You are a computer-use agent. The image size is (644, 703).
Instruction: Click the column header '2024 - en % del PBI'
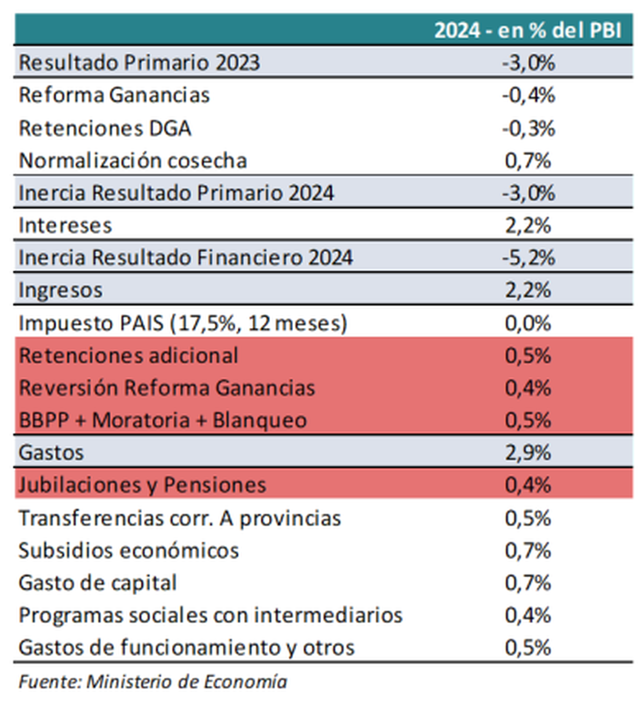(528, 31)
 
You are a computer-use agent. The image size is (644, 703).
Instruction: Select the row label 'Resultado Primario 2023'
(139, 63)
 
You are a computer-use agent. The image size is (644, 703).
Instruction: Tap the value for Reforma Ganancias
(528, 96)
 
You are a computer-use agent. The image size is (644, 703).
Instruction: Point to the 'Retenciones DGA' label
(105, 129)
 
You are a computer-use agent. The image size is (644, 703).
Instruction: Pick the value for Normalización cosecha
(528, 161)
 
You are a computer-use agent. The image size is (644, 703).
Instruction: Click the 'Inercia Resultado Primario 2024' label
(176, 193)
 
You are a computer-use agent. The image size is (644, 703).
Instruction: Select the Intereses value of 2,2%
(528, 226)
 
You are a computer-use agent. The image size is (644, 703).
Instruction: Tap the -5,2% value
(528, 258)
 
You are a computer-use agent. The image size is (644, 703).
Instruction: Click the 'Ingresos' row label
(60, 290)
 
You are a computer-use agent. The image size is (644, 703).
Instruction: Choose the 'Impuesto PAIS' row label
(182, 324)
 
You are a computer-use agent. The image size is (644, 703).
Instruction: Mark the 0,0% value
(528, 324)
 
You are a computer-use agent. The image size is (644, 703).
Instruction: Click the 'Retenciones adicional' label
(128, 356)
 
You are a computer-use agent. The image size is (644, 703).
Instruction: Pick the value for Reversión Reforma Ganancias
(528, 388)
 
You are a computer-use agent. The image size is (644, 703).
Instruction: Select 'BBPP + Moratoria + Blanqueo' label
(163, 420)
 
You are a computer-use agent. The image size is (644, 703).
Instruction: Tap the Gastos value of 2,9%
(528, 453)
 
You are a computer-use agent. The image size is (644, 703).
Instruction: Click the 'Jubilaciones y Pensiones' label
(142, 485)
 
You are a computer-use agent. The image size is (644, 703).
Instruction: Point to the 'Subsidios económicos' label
(128, 551)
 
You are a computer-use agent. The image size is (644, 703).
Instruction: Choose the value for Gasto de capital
(528, 583)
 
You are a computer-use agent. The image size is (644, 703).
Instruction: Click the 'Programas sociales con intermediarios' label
(210, 615)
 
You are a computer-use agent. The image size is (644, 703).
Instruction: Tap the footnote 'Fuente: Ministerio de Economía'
(153, 682)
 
